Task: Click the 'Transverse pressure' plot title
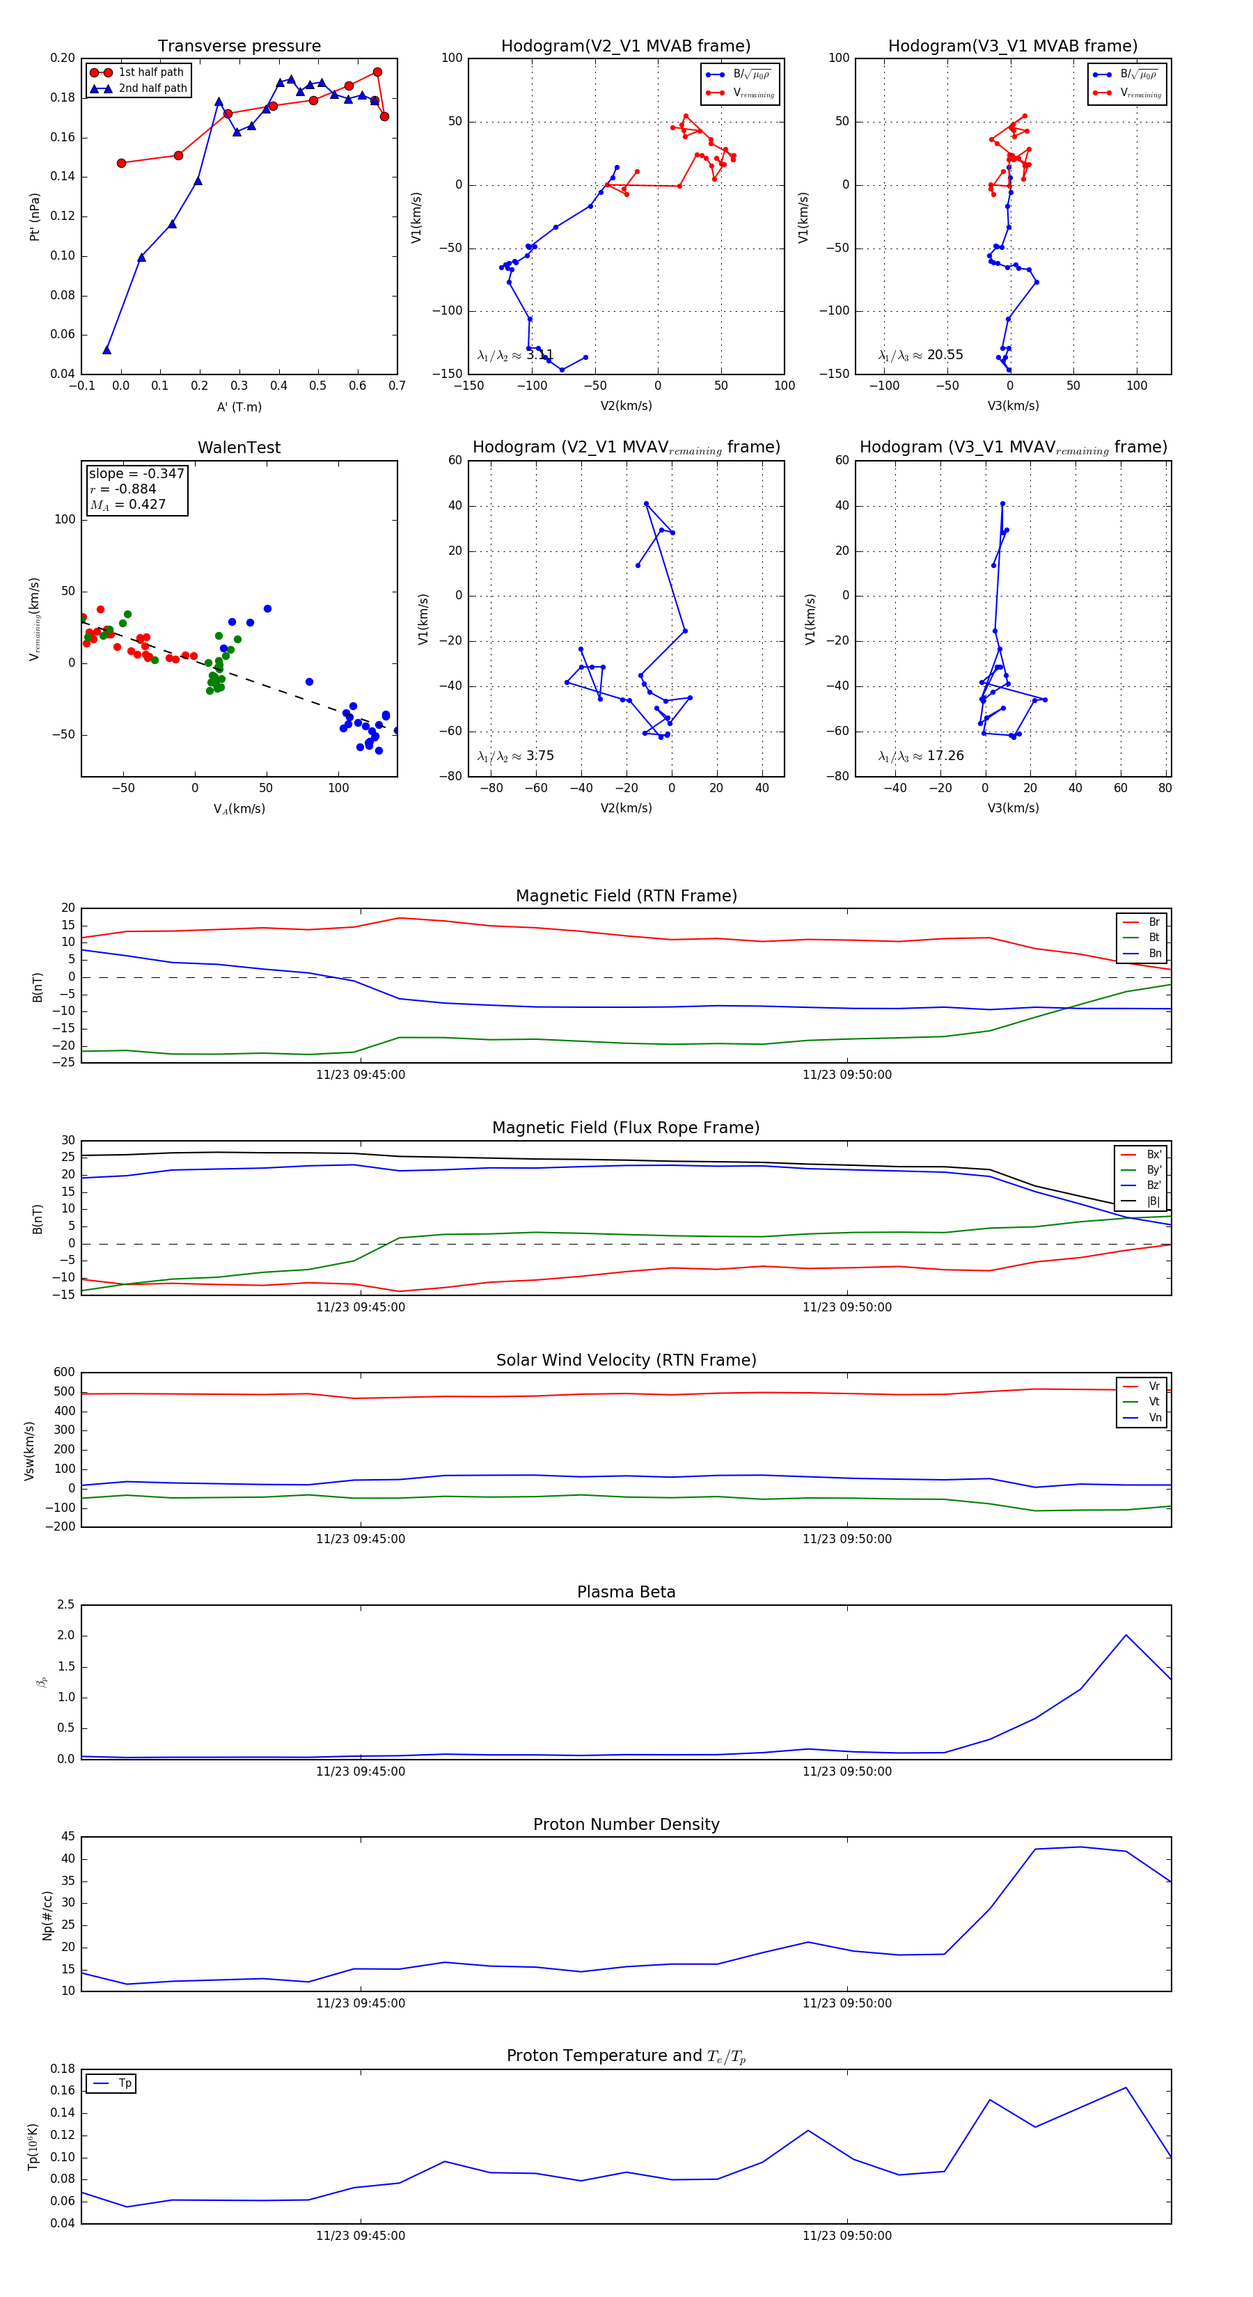coord(239,47)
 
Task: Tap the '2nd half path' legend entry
coord(152,88)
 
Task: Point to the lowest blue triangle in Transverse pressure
coord(107,349)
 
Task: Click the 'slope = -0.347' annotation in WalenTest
coord(136,473)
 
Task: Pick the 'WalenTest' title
coord(239,448)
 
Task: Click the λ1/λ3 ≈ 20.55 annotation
coord(921,355)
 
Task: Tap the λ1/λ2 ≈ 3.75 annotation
coord(515,756)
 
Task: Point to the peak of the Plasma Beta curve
coord(1126,1635)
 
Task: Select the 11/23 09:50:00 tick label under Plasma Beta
coord(846,1771)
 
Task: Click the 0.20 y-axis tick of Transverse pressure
coord(63,58)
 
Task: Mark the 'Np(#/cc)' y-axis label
coord(48,1916)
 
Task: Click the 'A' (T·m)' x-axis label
coord(239,406)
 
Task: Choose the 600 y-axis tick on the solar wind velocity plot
coord(64,1373)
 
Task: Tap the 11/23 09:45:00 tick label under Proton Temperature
coord(361,2236)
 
